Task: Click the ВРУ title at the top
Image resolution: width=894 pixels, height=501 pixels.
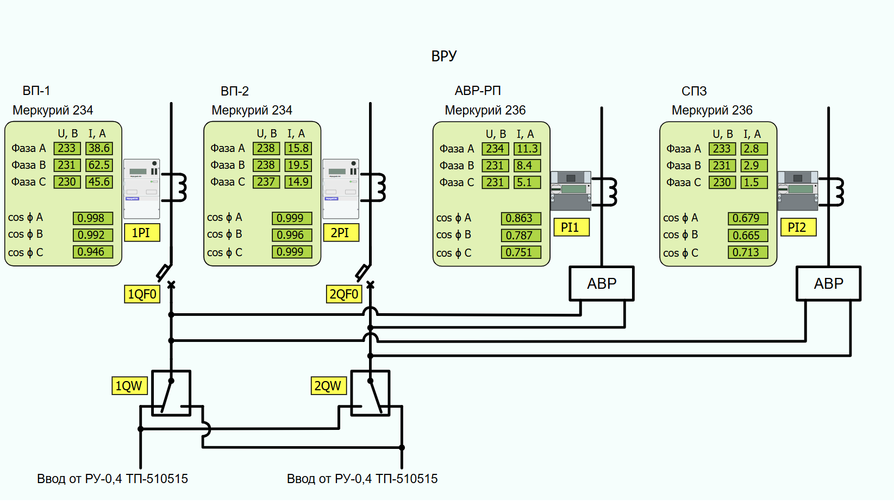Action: pos(443,56)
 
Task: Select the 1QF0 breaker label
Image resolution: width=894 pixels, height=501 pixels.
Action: pos(142,294)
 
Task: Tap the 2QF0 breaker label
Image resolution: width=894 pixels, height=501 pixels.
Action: pos(343,294)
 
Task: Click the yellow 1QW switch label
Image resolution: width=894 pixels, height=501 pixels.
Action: pos(129,386)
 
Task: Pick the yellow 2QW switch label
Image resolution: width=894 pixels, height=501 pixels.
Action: pos(328,386)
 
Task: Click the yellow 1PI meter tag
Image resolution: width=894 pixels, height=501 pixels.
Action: pos(141,233)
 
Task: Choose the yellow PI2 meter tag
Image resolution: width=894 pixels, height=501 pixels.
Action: pos(797,227)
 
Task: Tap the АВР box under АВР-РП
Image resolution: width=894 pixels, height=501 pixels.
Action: pos(601,283)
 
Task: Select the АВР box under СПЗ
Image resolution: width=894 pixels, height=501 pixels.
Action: pos(828,283)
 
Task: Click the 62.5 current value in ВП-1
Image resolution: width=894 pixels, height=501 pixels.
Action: pos(99,165)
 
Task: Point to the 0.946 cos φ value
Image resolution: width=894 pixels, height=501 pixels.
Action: pos(92,252)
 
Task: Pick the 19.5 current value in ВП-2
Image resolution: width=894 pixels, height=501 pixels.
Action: pos(298,165)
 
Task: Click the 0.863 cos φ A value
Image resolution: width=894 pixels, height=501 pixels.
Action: pos(520,218)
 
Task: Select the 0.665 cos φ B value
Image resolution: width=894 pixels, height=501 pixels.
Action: pos(747,236)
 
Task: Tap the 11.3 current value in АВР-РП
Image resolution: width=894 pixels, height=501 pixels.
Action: pos(527,149)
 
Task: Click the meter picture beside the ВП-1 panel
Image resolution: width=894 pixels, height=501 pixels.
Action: pos(141,188)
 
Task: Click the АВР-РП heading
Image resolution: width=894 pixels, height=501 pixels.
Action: pos(478,91)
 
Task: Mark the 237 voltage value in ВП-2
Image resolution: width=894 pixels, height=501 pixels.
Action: pos(266,182)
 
